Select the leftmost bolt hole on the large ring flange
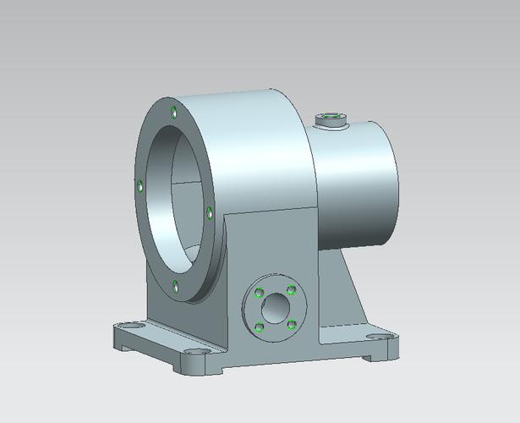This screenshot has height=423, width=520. (138, 185)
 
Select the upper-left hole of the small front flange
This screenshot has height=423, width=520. (258, 294)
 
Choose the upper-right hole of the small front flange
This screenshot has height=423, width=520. (291, 289)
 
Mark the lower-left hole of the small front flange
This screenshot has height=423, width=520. (259, 327)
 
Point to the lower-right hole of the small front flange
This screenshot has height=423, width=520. (291, 322)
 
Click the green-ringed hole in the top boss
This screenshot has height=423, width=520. (331, 115)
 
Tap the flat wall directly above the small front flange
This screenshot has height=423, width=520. (271, 245)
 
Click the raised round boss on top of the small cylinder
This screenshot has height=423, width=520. (331, 121)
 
